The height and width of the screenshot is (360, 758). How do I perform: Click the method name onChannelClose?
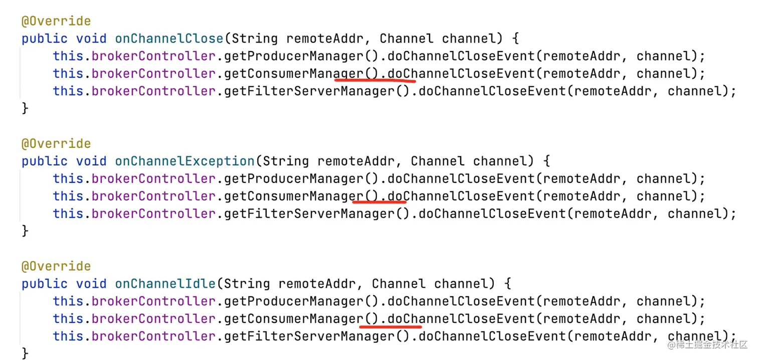coord(169,39)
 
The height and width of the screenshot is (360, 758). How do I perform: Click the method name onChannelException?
coord(184,161)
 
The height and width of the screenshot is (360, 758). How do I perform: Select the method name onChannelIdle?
coord(165,284)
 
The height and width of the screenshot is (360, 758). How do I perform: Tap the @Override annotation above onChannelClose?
coord(56,21)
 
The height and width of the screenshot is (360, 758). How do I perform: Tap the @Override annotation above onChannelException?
coord(56,144)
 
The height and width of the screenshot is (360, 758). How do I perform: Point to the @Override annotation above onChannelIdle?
coord(56,266)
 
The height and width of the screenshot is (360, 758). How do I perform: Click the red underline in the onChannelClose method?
coord(375,79)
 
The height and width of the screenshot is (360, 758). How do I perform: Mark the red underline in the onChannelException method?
coord(379,202)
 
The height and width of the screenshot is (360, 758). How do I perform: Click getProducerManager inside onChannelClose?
coord(293,56)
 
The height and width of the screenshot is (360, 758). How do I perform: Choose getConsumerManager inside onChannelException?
coord(293,196)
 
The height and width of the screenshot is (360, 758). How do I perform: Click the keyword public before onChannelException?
coord(45,161)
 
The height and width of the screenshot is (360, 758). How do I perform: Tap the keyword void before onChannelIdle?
coord(91,284)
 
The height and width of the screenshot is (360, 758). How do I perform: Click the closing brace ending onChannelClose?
coord(25,108)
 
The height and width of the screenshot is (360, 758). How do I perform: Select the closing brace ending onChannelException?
coord(25,231)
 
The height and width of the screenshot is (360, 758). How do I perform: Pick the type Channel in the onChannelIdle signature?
coord(399,284)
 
